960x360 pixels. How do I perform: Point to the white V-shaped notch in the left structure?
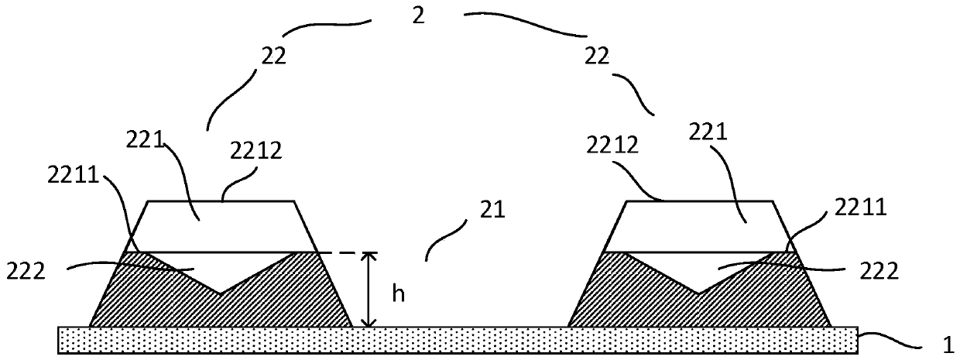click(221, 267)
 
